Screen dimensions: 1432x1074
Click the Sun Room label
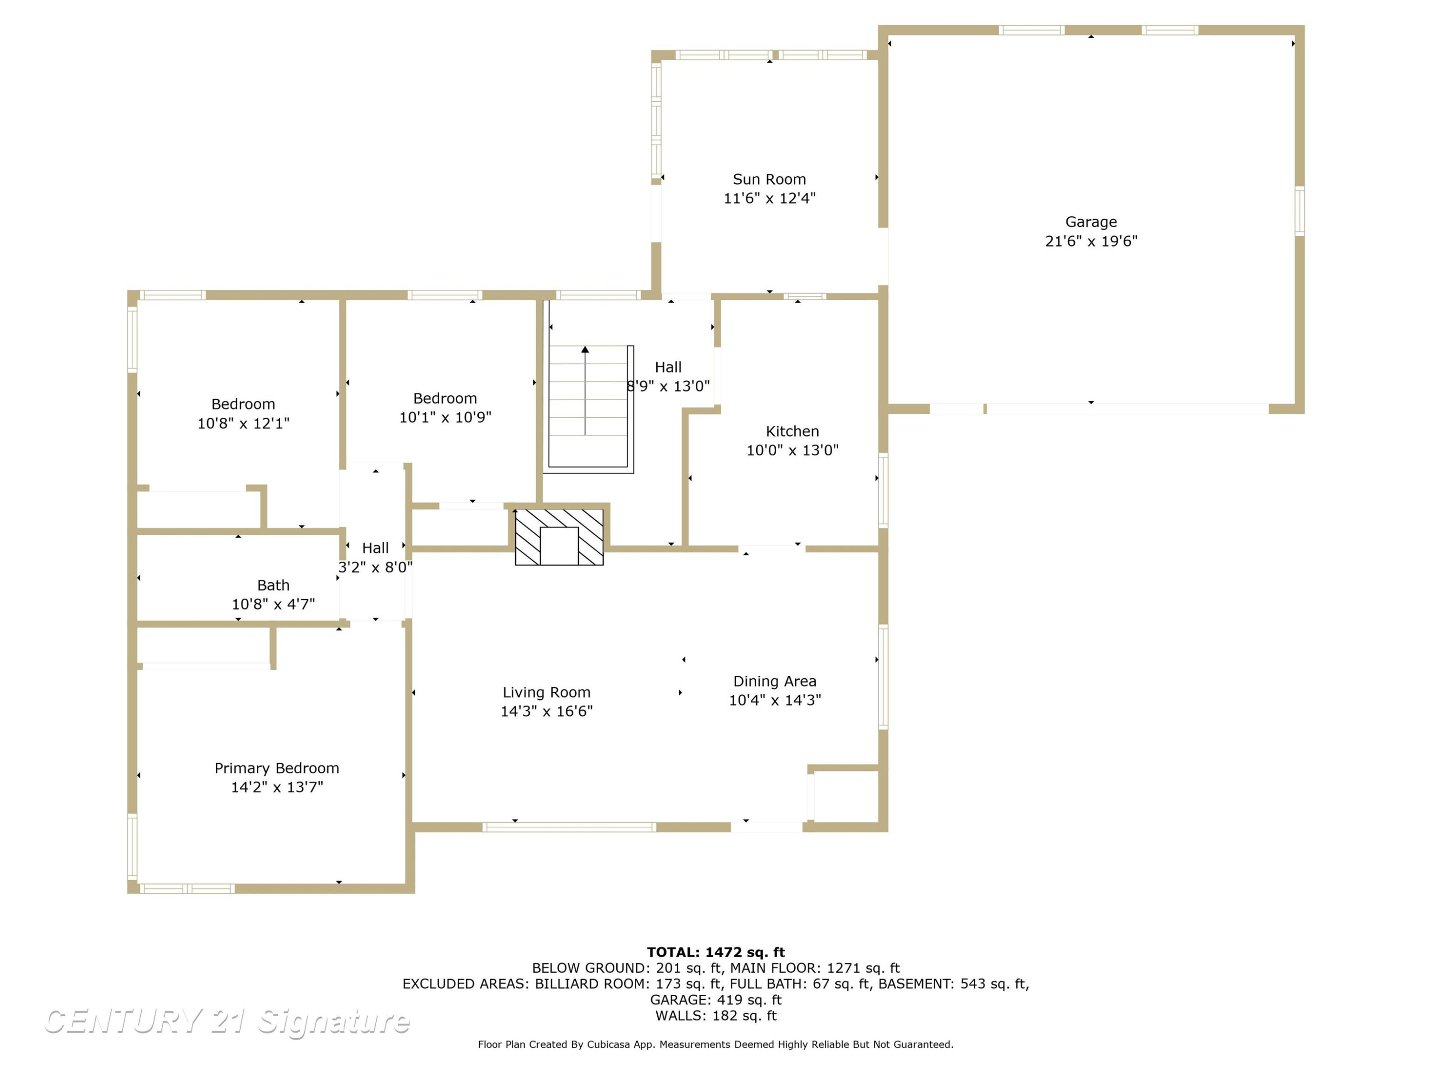coord(769,179)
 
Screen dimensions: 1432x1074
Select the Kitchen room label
coord(792,431)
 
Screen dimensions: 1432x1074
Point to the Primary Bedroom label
coord(276,769)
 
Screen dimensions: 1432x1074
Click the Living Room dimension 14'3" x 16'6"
coord(547,712)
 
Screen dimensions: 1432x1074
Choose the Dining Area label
coord(774,681)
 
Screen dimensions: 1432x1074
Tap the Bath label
coord(273,585)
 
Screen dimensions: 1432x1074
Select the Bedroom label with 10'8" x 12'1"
coord(243,404)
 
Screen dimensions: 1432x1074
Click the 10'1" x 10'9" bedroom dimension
coord(445,418)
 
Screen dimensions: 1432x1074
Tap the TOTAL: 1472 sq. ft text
coord(716,952)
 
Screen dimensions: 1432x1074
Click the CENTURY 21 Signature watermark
coord(227,1021)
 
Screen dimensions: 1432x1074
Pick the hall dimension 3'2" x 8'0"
coord(376,568)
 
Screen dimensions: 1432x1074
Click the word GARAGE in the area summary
coord(680,1000)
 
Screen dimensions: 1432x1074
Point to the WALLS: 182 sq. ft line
coord(716,1016)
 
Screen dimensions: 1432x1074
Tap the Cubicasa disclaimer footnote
coord(716,1044)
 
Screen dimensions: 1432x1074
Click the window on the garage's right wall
coord(1299,211)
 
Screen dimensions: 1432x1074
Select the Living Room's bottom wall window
coord(569,827)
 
